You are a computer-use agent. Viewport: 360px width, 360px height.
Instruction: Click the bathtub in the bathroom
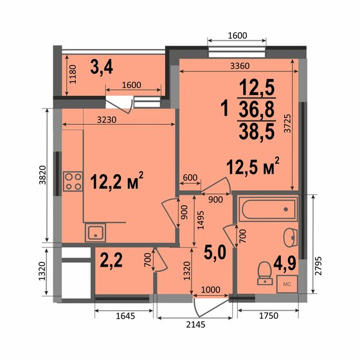tap(267, 209)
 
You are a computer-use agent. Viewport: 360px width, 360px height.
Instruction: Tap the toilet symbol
tap(262, 273)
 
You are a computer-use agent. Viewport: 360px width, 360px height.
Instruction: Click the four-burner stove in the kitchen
tap(73, 181)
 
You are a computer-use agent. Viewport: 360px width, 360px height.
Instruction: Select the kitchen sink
tap(96, 233)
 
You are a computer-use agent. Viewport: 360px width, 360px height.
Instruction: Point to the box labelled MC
tap(287, 283)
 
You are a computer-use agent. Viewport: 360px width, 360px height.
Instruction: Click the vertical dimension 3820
tap(39, 175)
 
